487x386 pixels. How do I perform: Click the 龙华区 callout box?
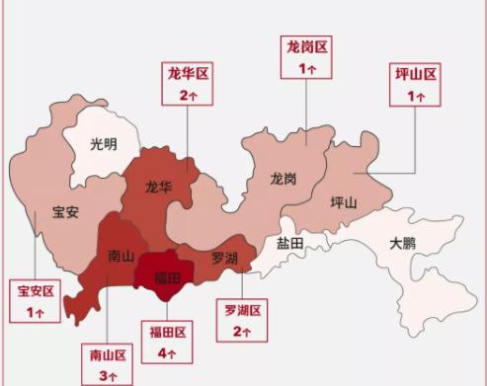pyautogui.click(x=189, y=83)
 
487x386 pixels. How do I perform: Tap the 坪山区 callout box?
pyautogui.click(x=415, y=84)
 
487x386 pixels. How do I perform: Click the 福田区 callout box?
pyautogui.click(x=167, y=341)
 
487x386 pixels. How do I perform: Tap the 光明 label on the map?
pyautogui.click(x=103, y=144)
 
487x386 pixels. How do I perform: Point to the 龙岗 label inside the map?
pyautogui.click(x=284, y=179)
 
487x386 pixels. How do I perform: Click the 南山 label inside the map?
pyautogui.click(x=120, y=256)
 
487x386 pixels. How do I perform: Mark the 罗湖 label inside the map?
pyautogui.click(x=224, y=258)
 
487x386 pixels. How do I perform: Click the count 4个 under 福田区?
pyautogui.click(x=167, y=351)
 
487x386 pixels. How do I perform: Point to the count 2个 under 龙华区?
pyautogui.click(x=189, y=95)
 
